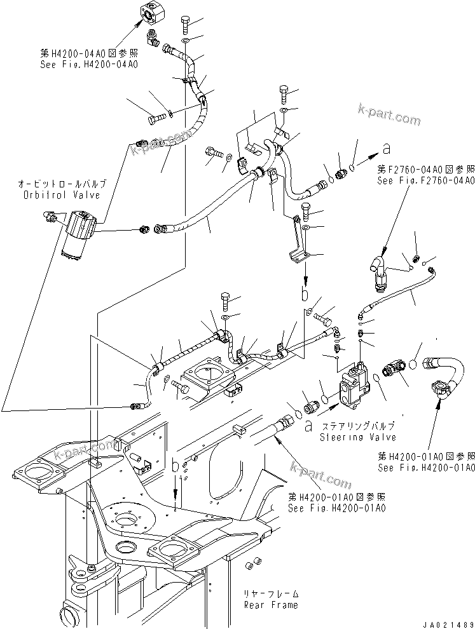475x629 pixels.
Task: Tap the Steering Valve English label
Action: [357, 437]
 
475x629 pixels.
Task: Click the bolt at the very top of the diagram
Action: [184, 25]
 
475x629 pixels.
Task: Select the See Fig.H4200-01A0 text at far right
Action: [425, 468]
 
